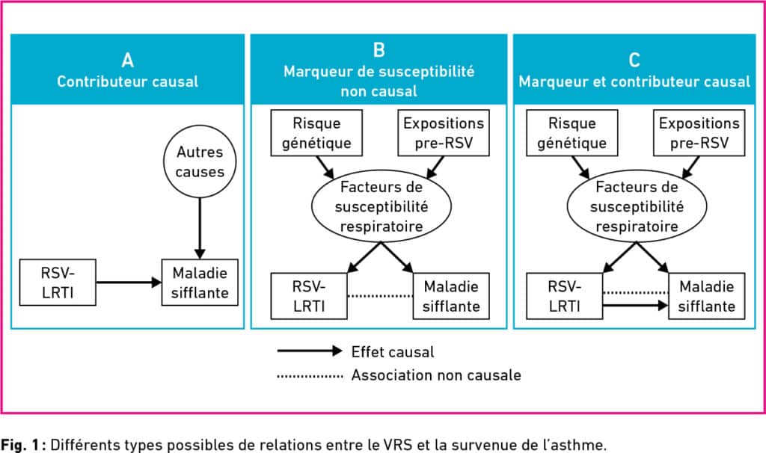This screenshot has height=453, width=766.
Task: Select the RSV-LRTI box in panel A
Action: click(x=58, y=283)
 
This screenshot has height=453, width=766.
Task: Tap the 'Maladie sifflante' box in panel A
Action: click(x=200, y=283)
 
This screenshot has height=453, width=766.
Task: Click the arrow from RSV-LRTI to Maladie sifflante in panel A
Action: click(x=129, y=282)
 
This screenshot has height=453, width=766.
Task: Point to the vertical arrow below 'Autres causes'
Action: click(x=200, y=229)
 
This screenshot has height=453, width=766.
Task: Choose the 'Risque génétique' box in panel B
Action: click(x=316, y=133)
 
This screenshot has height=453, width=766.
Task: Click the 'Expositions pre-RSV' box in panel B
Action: click(x=444, y=133)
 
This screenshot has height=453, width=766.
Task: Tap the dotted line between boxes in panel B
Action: click(x=380, y=296)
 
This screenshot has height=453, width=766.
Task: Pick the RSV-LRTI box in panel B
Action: click(x=309, y=296)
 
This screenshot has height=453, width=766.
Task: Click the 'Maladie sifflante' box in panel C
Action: click(x=707, y=296)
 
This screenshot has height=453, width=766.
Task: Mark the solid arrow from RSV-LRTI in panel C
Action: click(x=636, y=306)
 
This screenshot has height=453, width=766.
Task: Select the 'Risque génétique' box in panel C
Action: click(x=572, y=133)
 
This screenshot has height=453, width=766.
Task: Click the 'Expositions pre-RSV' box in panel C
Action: click(x=699, y=133)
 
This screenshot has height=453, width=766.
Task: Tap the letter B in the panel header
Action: click(x=379, y=50)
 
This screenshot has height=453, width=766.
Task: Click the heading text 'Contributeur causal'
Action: click(x=127, y=81)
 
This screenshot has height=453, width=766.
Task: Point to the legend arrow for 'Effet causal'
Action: click(x=310, y=351)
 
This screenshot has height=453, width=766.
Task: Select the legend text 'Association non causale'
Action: click(x=436, y=375)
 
